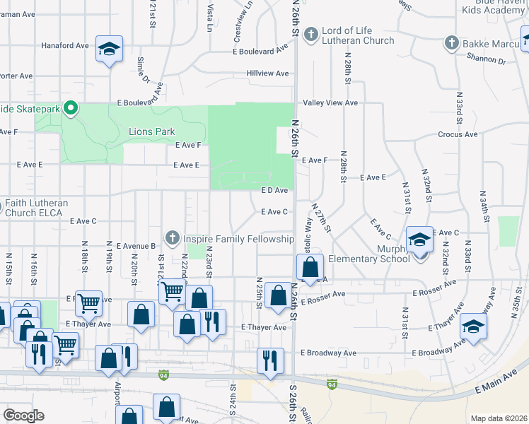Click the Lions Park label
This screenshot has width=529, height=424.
(x=151, y=131)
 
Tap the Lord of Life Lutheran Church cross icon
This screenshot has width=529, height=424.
(x=310, y=34)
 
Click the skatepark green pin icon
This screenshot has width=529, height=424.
(x=70, y=108)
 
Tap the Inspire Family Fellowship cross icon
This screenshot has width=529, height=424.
(x=170, y=238)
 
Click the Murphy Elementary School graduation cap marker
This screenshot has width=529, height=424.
(x=419, y=240)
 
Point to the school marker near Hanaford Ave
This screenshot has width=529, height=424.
(x=109, y=49)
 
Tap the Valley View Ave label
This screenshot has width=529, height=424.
(x=330, y=103)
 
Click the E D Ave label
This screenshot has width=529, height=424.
(x=274, y=191)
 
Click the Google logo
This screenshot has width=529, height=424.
(x=23, y=416)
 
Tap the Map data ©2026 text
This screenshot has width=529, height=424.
(x=499, y=418)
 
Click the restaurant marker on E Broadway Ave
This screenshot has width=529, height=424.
(x=270, y=360)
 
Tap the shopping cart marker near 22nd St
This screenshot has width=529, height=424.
(x=172, y=291)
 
